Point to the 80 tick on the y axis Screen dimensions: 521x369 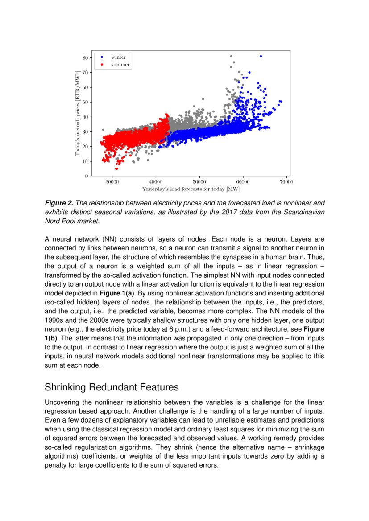84,57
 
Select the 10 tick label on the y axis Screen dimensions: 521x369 84,161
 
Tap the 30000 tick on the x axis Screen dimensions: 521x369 112,182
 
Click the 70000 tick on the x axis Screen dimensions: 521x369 286,182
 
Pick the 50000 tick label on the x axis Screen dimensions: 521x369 199,182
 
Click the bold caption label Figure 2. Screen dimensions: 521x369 59,203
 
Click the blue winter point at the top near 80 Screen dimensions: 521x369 261,56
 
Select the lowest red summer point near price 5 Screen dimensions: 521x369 116,168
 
